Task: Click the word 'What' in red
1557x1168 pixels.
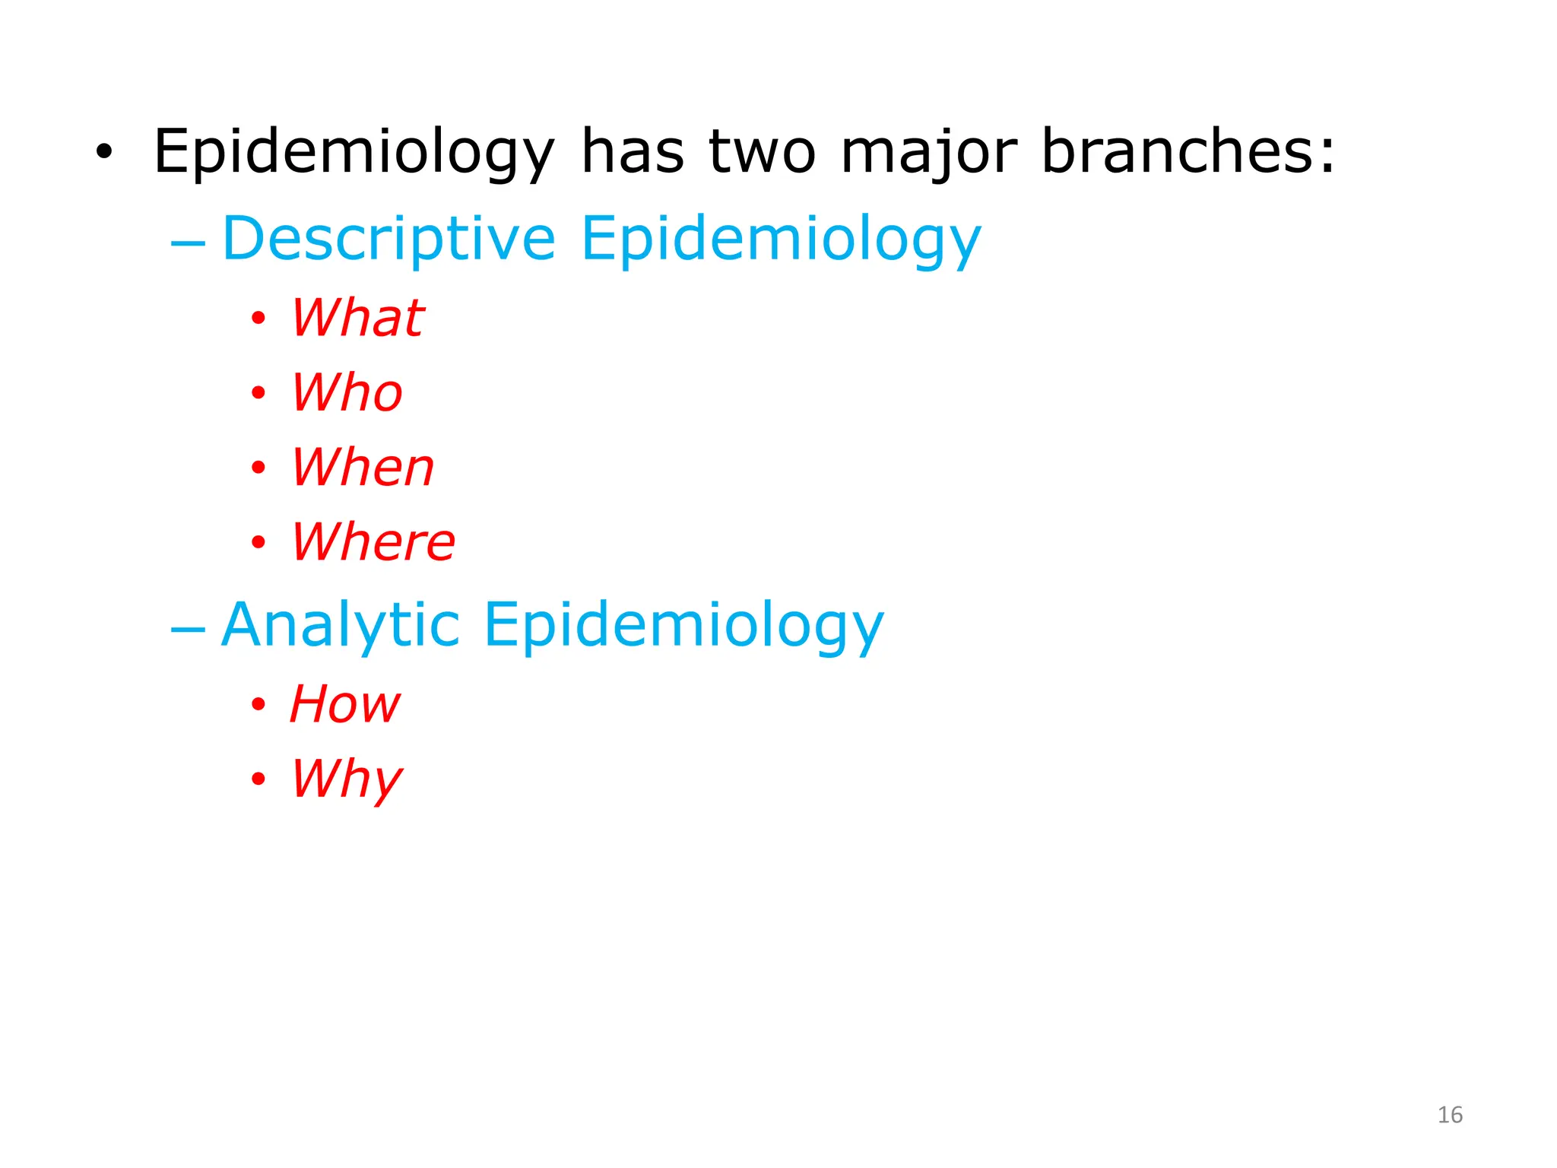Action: click(x=357, y=317)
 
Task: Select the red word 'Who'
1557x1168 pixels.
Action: click(x=347, y=392)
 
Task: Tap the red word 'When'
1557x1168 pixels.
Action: click(x=363, y=467)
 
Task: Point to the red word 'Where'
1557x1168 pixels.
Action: click(x=373, y=541)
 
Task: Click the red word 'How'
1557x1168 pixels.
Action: click(x=344, y=703)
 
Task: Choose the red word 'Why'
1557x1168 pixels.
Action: click(x=347, y=779)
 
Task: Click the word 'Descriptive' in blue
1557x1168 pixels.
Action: click(x=388, y=239)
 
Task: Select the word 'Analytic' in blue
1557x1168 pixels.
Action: click(x=341, y=625)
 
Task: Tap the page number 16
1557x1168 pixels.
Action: click(x=1450, y=1115)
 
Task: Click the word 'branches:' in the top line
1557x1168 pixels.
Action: click(x=1188, y=151)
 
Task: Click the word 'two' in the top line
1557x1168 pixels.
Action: click(x=763, y=151)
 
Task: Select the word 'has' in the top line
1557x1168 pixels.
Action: click(x=633, y=151)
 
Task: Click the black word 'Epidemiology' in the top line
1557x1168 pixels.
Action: click(x=354, y=153)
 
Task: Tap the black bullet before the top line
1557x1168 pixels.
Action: click(x=104, y=152)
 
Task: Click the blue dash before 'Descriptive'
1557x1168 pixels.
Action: click(x=188, y=244)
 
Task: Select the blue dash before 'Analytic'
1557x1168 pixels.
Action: click(x=188, y=630)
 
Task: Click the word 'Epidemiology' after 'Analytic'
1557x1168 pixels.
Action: click(x=683, y=626)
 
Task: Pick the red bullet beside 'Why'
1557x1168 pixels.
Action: click(x=258, y=779)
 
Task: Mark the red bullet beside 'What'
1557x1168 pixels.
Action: click(x=258, y=318)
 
